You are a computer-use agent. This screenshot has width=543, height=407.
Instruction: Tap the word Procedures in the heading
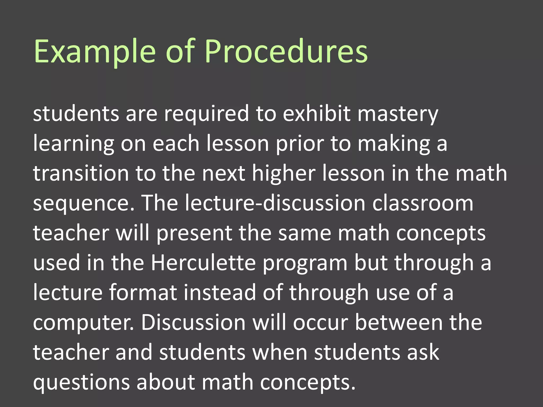click(x=286, y=52)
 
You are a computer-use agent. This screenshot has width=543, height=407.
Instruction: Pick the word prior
click(x=300, y=144)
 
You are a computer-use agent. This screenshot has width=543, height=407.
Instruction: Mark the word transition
click(x=81, y=174)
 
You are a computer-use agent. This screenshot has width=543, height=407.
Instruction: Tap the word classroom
click(x=423, y=203)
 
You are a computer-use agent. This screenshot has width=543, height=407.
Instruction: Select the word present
click(x=194, y=233)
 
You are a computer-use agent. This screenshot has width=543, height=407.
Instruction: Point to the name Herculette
click(x=203, y=263)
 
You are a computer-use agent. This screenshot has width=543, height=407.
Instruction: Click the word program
click(x=305, y=263)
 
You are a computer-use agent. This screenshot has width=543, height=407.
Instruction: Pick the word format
click(x=143, y=293)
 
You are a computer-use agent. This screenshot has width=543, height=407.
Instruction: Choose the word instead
click(x=220, y=293)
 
